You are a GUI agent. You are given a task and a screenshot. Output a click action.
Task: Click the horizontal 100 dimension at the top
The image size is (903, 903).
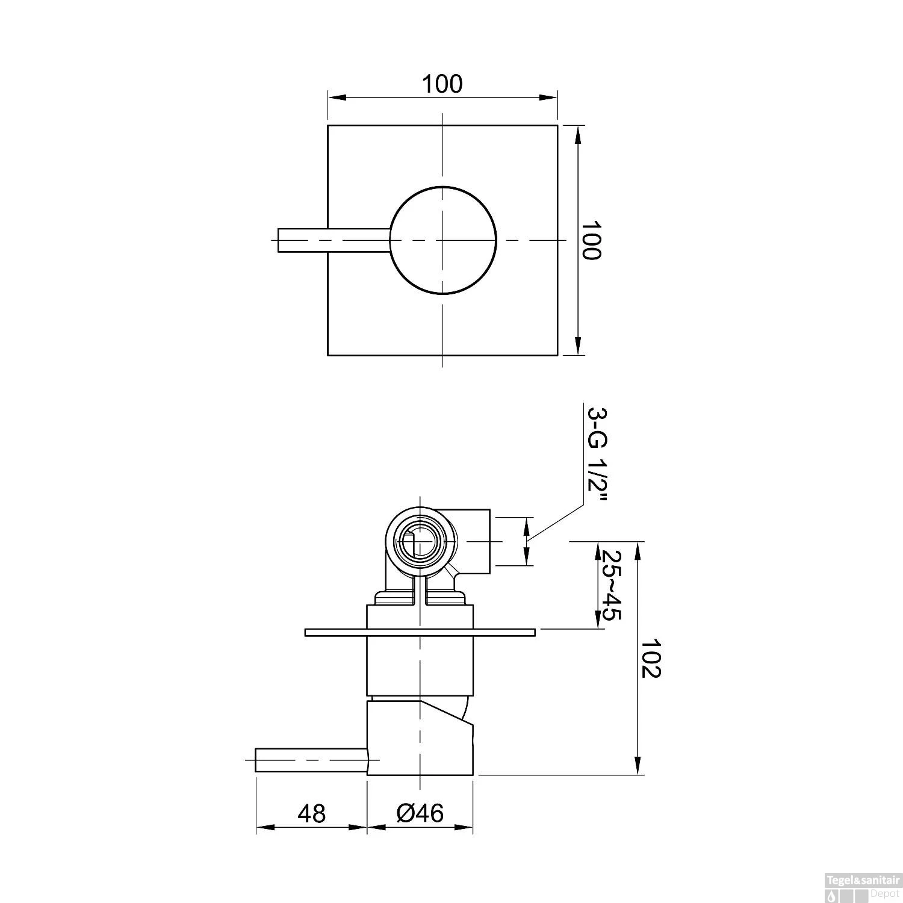(442, 84)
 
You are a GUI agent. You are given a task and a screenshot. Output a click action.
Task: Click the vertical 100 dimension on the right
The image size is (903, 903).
(591, 240)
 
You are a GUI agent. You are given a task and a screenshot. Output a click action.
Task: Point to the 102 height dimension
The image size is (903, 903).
(650, 659)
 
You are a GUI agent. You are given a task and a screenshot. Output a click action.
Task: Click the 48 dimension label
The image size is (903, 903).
(311, 813)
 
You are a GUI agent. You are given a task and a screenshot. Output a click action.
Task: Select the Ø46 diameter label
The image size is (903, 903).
(420, 813)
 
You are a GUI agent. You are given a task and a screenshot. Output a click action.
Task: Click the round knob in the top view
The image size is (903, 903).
(443, 240)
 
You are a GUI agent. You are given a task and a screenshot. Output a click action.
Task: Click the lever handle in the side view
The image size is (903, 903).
(310, 760)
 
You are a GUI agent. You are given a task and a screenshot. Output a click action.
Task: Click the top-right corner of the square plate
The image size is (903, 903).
(557, 125)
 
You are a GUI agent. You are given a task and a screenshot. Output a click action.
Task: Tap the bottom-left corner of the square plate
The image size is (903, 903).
(328, 355)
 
